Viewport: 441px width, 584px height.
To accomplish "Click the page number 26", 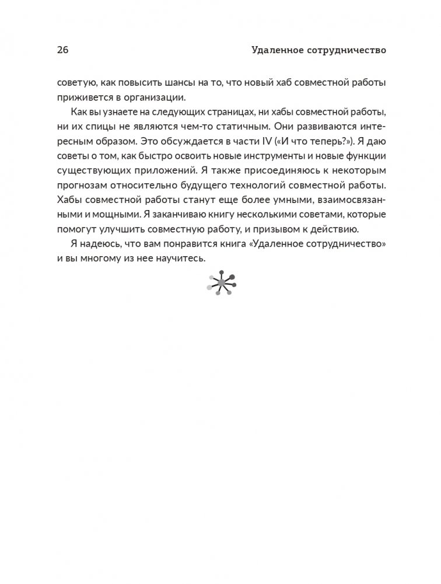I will pyautogui.click(x=62, y=50).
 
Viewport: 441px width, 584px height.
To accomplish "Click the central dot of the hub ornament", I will pyautogui.click(x=220, y=283).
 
